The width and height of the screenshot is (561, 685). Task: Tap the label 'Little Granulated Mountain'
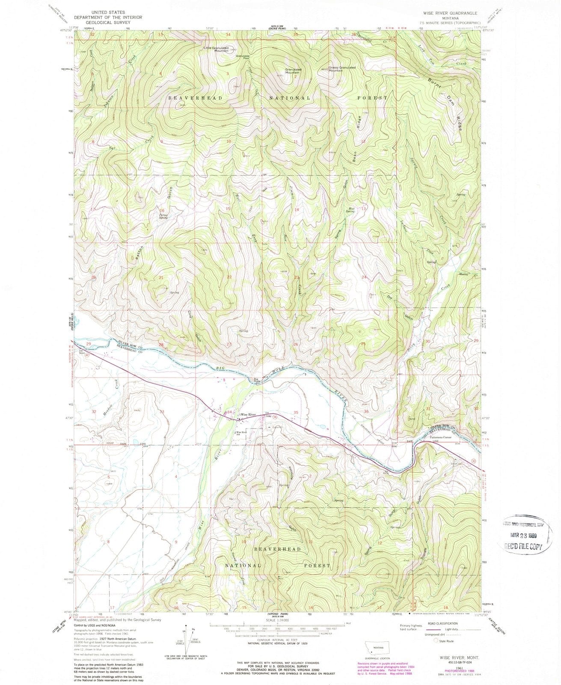216,49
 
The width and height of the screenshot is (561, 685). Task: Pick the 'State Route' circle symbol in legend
437,640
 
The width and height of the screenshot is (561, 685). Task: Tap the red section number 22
229,277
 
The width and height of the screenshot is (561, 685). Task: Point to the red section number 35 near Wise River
295,412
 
